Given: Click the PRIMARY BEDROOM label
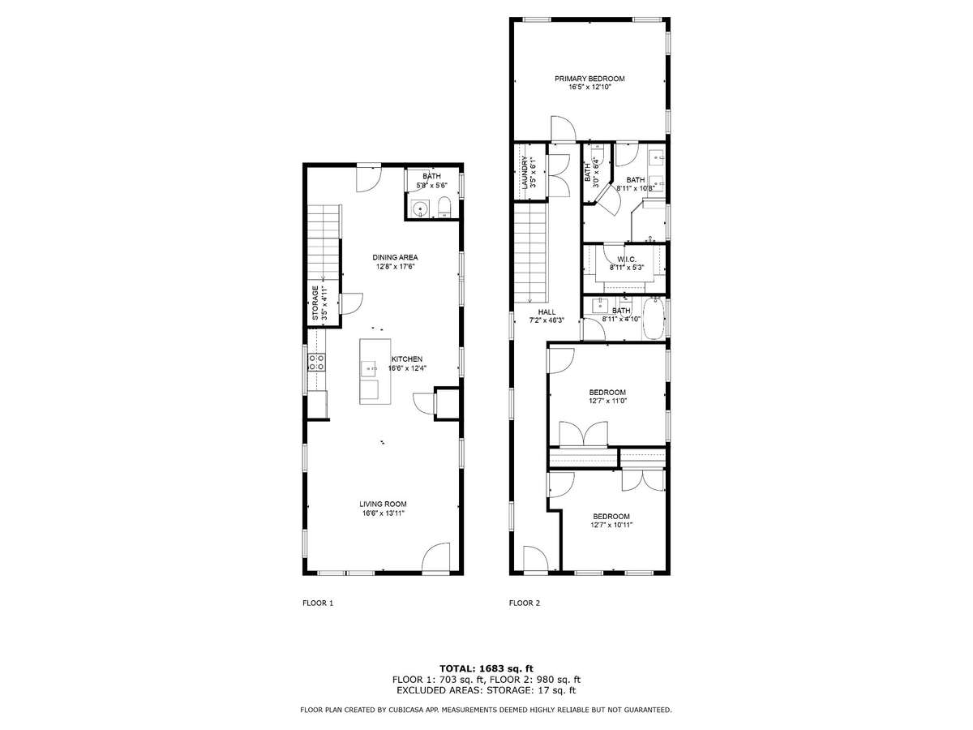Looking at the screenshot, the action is click(x=589, y=79).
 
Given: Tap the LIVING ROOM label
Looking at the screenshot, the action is click(x=383, y=504).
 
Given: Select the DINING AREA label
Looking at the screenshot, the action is click(x=395, y=257).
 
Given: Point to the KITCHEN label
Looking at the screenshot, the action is click(x=406, y=359).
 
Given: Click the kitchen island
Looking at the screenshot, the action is click(x=375, y=371).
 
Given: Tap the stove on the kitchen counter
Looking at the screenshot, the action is click(x=317, y=362).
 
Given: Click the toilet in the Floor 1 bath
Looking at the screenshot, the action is click(x=444, y=208).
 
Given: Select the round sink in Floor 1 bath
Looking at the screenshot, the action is click(x=419, y=208).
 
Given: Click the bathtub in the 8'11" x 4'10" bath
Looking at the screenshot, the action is click(x=654, y=318).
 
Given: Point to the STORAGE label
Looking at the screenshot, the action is click(x=315, y=303).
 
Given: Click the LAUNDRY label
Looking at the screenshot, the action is click(x=525, y=173).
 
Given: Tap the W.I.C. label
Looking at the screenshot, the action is click(x=626, y=260).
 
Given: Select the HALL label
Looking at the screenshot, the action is click(x=547, y=312).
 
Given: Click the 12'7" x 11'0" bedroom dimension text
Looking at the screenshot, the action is click(x=607, y=401).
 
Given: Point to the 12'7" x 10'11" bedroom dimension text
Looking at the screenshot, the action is click(x=611, y=525).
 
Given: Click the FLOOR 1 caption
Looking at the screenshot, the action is click(x=317, y=603).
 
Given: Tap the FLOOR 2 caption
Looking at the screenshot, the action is click(x=525, y=603).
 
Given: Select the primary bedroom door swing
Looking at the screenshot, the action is click(x=563, y=128).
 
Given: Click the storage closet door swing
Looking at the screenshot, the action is click(x=352, y=303).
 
